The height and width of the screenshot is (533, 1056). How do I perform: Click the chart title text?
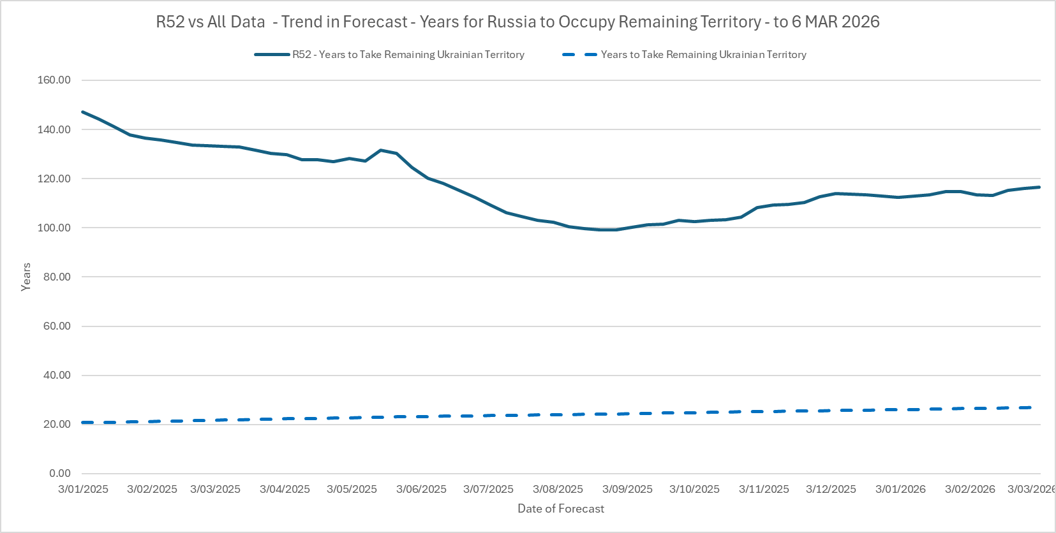517,22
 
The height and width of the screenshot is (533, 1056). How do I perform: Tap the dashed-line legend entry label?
703,55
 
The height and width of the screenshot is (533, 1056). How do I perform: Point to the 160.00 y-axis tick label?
54,80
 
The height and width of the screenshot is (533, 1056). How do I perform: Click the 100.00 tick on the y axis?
54,228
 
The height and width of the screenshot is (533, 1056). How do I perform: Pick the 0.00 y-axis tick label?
59,473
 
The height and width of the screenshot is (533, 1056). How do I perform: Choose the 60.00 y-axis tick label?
56,326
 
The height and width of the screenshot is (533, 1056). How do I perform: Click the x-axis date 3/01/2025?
83,489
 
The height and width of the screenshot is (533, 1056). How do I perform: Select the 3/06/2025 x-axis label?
421,489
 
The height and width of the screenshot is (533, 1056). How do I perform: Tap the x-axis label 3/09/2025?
627,489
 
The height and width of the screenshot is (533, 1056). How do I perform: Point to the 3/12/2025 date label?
831,489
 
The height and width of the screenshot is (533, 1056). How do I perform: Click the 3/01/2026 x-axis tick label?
900,489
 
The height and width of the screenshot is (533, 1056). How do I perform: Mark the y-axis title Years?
26,277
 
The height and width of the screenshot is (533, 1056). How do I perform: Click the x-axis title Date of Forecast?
560,509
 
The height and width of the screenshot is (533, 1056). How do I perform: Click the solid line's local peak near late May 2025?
381,150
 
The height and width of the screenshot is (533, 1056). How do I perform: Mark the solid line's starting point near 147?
83,112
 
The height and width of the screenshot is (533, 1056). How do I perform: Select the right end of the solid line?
1039,187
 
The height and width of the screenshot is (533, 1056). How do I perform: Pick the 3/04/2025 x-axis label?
285,489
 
